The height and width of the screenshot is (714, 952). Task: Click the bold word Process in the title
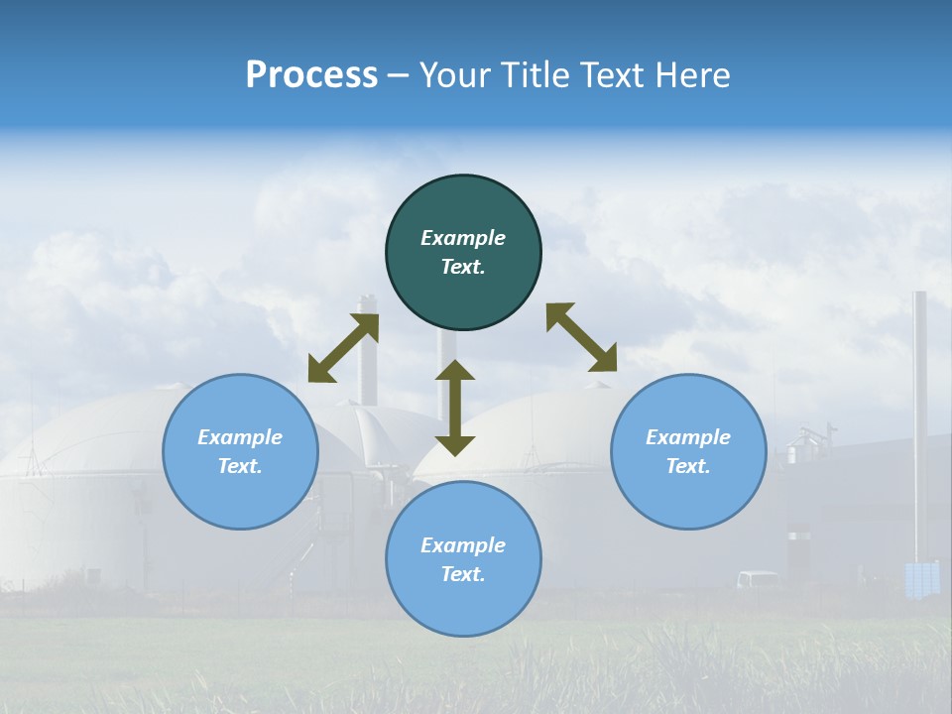pyautogui.click(x=311, y=74)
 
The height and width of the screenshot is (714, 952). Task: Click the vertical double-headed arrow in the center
pyautogui.click(x=455, y=408)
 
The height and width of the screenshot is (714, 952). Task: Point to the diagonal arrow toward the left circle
pyautogui.click(x=343, y=348)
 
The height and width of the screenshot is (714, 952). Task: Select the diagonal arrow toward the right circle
pyautogui.click(x=582, y=337)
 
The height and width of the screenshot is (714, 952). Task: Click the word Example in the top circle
pyautogui.click(x=463, y=238)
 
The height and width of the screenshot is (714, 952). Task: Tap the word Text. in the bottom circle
pyautogui.click(x=463, y=574)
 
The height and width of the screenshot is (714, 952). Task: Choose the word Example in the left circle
pyautogui.click(x=240, y=437)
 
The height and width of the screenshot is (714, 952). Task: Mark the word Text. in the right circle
pyautogui.click(x=688, y=466)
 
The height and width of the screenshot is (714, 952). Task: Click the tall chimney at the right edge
pyautogui.click(x=919, y=416)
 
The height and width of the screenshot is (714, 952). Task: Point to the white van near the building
pyautogui.click(x=758, y=579)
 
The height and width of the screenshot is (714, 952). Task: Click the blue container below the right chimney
pyautogui.click(x=922, y=578)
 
